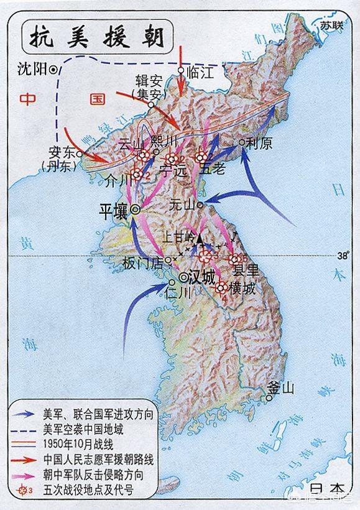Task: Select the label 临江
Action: click(x=200, y=73)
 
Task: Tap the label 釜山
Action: click(x=279, y=388)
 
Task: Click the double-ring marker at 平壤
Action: click(x=134, y=210)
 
